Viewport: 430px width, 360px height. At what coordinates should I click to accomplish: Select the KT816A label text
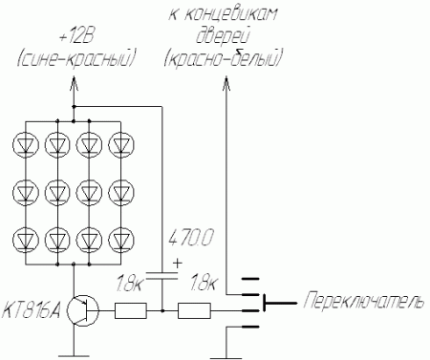tap(32, 309)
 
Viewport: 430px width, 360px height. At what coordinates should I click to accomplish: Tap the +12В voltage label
tap(76, 38)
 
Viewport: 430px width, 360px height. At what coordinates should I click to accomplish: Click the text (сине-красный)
tap(76, 59)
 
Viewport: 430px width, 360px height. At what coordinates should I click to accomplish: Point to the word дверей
tap(222, 35)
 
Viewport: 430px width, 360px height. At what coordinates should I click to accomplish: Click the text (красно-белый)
tap(224, 58)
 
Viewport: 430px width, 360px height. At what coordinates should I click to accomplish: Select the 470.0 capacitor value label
tap(191, 238)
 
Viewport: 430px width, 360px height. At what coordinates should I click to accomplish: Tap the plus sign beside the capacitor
tap(178, 264)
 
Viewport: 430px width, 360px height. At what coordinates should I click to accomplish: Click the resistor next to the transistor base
tap(131, 310)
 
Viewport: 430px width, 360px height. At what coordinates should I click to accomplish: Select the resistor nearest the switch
tap(194, 310)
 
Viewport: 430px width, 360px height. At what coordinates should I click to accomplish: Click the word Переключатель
tap(364, 301)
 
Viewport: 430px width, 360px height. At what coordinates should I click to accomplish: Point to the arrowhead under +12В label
tap(74, 83)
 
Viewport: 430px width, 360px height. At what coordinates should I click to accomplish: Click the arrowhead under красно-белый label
tap(226, 83)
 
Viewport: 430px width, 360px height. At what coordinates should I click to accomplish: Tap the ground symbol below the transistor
tap(74, 355)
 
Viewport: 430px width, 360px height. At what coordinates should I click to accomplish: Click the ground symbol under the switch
tap(226, 357)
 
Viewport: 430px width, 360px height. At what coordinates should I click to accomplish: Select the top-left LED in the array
tap(26, 145)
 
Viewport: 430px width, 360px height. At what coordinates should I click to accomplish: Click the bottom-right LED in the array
tap(121, 239)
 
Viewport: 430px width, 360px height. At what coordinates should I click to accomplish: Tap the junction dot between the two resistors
tap(162, 310)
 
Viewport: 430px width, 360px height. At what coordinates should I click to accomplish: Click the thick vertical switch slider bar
tap(265, 303)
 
